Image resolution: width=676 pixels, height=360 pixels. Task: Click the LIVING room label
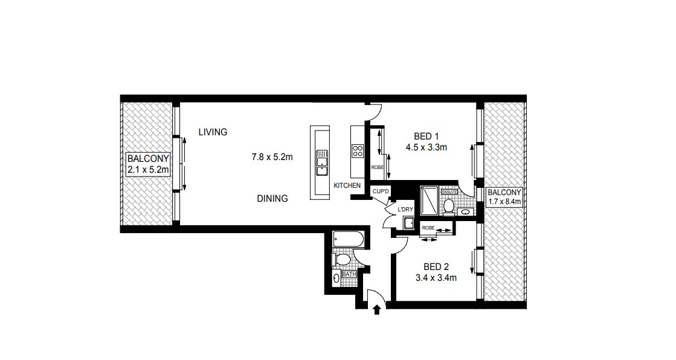point(213,132)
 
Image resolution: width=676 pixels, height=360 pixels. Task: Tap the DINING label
point(272,198)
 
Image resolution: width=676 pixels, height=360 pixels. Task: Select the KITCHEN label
point(347,185)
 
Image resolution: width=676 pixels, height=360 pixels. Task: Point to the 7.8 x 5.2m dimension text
point(272,157)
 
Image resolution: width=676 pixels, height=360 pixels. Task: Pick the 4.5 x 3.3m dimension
point(426,147)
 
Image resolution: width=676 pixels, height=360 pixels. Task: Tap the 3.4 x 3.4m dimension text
point(436,278)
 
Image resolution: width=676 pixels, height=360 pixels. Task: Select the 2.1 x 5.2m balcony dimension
point(147,170)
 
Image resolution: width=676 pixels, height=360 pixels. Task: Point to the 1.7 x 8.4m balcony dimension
point(504,202)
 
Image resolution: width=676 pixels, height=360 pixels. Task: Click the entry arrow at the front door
point(377,309)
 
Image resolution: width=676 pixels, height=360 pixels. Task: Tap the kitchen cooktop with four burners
point(358,151)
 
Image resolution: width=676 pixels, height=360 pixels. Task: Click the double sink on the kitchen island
point(321,162)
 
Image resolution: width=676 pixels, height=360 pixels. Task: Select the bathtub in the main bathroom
point(349,239)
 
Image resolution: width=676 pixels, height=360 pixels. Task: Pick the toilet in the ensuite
point(449,205)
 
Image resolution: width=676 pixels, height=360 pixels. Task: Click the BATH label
point(349,274)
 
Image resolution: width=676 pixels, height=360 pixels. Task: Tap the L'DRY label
point(405,210)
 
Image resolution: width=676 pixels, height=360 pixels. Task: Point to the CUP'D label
point(381,191)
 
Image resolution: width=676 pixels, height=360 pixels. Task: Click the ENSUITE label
point(449,192)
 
